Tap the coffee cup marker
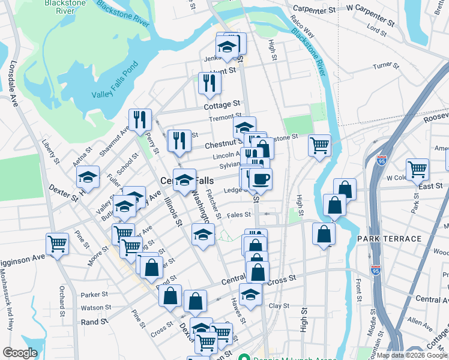260,179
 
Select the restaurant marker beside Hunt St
209,83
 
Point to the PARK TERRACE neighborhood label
389,239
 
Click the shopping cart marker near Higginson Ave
58,244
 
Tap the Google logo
20,353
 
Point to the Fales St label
238,215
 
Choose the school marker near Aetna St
88,178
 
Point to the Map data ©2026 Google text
412,355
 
